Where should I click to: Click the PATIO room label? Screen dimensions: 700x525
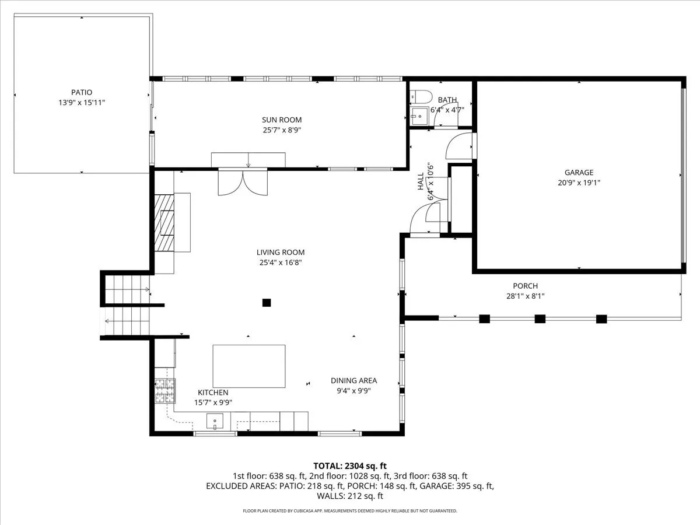[82, 92]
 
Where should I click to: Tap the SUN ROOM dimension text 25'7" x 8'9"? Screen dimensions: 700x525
[282, 130]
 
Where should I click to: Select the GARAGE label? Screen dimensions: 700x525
[579, 173]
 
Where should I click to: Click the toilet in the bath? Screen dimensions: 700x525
[421, 96]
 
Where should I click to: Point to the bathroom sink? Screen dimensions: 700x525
[419, 116]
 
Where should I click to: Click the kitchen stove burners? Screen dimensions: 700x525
[165, 390]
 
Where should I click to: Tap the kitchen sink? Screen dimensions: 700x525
[215, 421]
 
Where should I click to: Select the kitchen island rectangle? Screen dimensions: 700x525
[249, 366]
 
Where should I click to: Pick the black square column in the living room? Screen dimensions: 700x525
[267, 303]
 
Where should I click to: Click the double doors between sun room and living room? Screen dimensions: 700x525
[243, 183]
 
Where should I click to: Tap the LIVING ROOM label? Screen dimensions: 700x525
[281, 253]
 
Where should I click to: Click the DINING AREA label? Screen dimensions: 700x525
[353, 380]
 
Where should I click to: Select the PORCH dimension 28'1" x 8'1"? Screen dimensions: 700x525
[525, 296]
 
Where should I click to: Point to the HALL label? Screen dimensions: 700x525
[421, 181]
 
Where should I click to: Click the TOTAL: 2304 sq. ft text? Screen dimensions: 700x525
[350, 466]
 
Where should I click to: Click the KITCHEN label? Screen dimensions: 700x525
[213, 393]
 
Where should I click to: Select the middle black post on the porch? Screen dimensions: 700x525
[540, 318]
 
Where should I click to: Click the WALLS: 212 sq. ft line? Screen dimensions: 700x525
[350, 496]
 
